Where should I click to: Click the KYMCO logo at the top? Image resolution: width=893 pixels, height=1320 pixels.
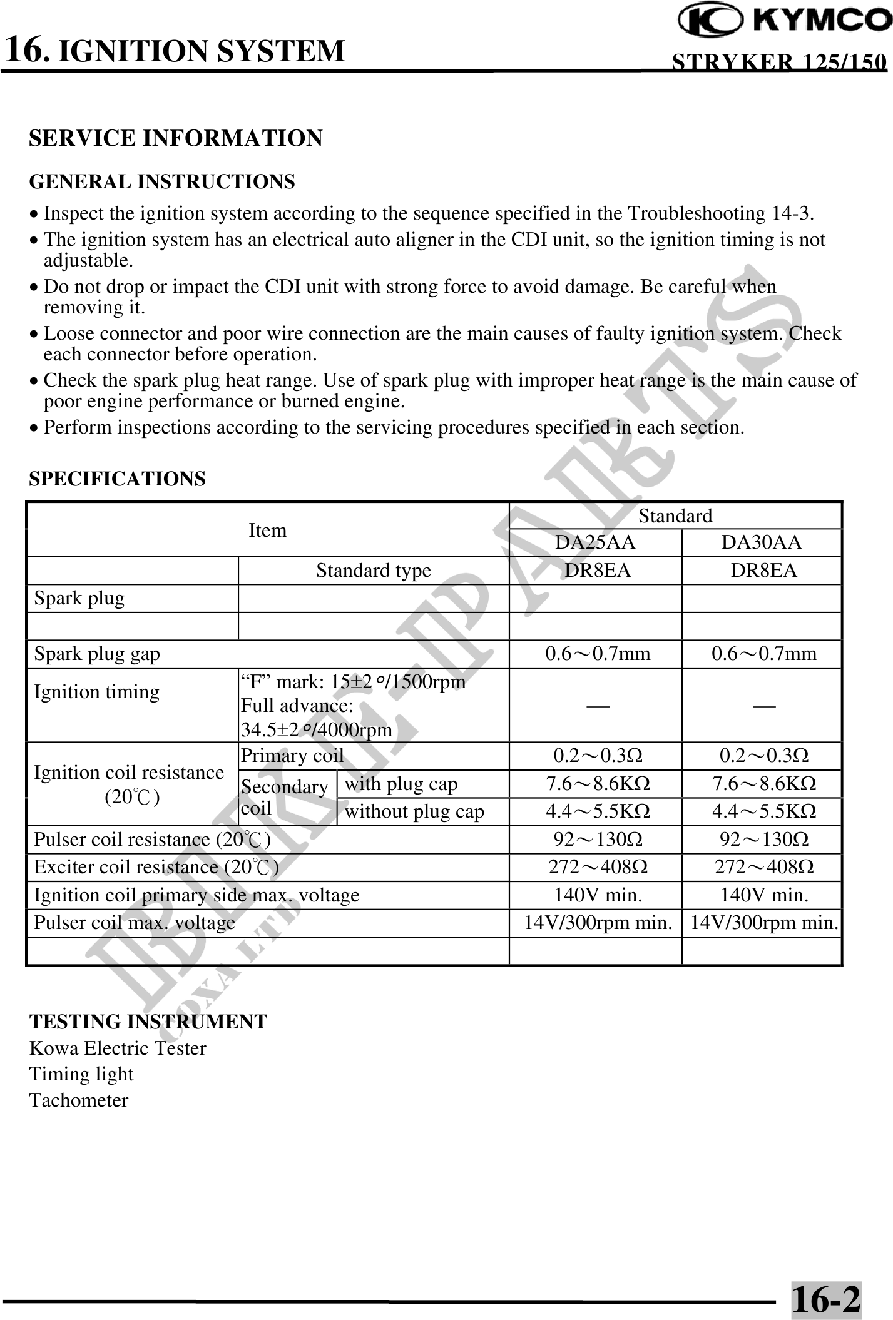(x=785, y=21)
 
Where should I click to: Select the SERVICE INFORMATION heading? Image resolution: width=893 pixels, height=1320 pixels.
(x=176, y=138)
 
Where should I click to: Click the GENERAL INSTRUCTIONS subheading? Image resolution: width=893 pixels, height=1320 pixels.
(x=162, y=182)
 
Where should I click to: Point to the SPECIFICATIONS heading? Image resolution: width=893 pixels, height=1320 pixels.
(x=117, y=479)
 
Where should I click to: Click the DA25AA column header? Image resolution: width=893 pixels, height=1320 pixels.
(x=595, y=542)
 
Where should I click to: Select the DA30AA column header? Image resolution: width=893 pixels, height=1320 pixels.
(x=761, y=542)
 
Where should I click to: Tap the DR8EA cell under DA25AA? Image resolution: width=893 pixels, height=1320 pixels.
(x=595, y=571)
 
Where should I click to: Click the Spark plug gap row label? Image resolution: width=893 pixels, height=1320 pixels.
(x=97, y=654)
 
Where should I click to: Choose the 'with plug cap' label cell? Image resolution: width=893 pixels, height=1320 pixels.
(x=401, y=784)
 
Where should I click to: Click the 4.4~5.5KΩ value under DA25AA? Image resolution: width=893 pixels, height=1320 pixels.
(x=597, y=811)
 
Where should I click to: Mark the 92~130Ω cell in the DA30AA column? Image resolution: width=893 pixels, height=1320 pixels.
(x=763, y=839)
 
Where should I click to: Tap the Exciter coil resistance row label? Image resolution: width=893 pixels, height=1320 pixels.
(x=155, y=867)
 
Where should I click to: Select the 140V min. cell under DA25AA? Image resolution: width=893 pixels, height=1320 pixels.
(x=597, y=895)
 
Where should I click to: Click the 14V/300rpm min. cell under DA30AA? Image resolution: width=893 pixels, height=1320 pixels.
(x=763, y=923)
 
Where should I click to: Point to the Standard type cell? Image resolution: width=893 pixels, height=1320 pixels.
(x=373, y=571)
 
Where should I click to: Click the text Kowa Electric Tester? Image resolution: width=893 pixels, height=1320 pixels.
(x=118, y=1048)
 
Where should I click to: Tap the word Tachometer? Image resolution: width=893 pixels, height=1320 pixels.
(x=79, y=1100)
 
